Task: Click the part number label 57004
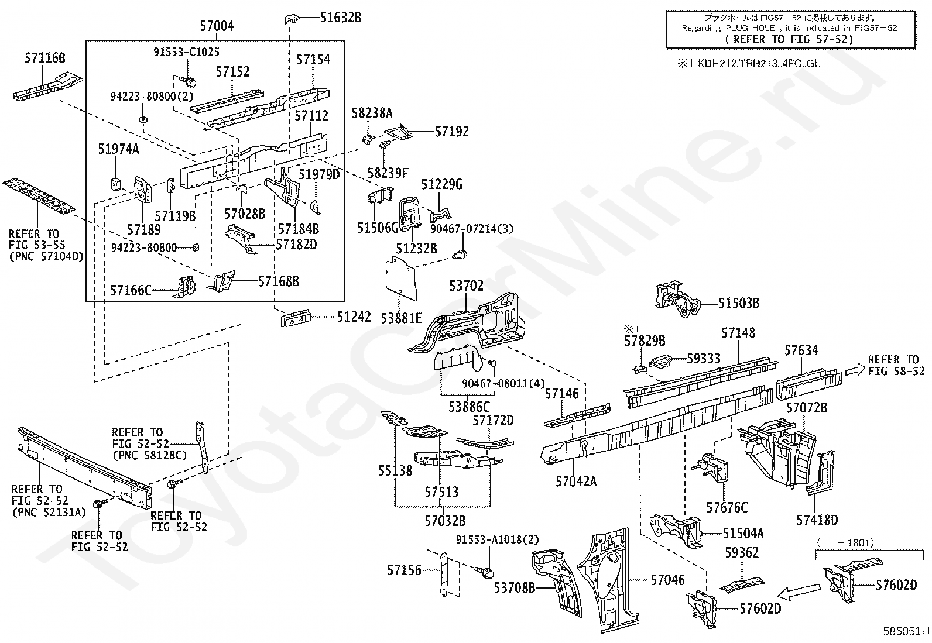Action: click(217, 26)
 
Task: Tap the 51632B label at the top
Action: click(340, 18)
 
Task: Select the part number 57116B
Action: click(45, 58)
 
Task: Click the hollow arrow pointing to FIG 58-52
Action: click(855, 369)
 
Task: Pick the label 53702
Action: click(466, 286)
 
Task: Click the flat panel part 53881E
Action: click(400, 278)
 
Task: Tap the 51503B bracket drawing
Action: click(677, 298)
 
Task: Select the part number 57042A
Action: click(576, 481)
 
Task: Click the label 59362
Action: click(742, 552)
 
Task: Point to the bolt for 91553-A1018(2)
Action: click(485, 572)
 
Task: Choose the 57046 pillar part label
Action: click(667, 580)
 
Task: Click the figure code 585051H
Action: click(906, 631)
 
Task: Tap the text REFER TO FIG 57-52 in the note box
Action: click(789, 40)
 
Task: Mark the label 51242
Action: click(354, 317)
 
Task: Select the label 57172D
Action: click(493, 421)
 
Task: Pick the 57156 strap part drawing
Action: click(444, 575)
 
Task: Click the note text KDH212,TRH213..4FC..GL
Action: click(759, 64)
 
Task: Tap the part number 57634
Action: click(801, 350)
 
